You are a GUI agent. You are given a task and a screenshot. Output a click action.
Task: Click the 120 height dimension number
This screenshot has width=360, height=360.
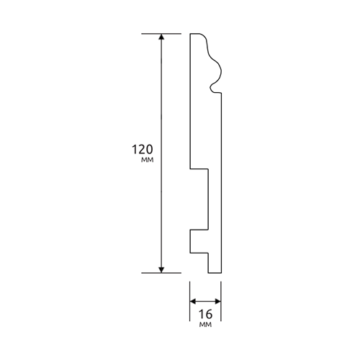coord(143,149)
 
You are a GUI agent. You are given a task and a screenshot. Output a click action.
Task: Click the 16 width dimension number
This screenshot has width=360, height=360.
coord(206,314)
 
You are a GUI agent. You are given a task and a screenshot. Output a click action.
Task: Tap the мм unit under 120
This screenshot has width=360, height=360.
coord(147,160)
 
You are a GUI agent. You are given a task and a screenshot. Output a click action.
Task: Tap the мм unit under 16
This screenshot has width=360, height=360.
coord(205,325)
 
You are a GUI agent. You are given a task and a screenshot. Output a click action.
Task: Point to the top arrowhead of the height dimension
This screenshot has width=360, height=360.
coord(161,37)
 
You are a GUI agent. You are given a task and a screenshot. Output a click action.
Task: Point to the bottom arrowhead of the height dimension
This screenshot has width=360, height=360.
coord(161,270)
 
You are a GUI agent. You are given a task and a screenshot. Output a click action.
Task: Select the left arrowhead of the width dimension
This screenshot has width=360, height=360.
coord(193,301)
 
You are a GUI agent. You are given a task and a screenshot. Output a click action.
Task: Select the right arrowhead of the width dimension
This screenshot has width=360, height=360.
coord(218,301)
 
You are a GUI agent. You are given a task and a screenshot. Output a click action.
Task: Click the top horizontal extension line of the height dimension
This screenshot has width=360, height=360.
coord(161,34)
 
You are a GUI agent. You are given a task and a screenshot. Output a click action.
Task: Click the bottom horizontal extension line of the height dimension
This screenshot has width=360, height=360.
coord(161,273)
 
